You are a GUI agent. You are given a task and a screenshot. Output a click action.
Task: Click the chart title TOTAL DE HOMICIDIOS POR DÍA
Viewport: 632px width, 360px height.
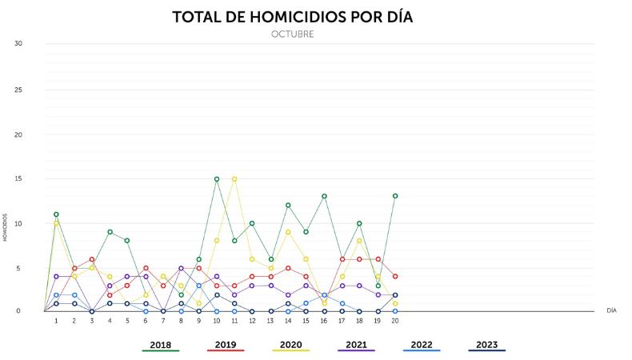pyautogui.click(x=292, y=17)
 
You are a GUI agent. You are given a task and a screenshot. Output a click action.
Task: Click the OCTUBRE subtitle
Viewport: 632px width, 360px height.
pyautogui.click(x=292, y=34)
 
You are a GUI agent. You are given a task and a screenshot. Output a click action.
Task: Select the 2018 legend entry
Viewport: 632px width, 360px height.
pyautogui.click(x=160, y=345)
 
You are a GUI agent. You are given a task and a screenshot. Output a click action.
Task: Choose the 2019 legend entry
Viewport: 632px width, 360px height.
pyautogui.click(x=225, y=345)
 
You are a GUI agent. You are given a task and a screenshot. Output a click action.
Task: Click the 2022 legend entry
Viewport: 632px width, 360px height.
pyautogui.click(x=421, y=345)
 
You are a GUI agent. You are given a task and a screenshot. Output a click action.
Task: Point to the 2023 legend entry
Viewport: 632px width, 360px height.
pyautogui.click(x=486, y=345)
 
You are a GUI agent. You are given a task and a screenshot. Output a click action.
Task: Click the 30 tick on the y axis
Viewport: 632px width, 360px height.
pyautogui.click(x=18, y=43)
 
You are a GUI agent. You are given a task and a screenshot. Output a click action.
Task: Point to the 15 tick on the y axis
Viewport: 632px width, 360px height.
pyautogui.click(x=18, y=178)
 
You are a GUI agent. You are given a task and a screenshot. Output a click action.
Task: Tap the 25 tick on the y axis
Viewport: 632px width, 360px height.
pyautogui.click(x=18, y=89)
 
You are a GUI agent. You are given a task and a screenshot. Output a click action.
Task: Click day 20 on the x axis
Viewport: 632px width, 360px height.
pyautogui.click(x=394, y=321)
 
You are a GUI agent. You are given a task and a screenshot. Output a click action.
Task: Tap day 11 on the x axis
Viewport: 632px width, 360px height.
pyautogui.click(x=234, y=321)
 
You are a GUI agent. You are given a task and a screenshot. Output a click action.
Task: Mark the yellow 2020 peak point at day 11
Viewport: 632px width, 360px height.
pyautogui.click(x=234, y=178)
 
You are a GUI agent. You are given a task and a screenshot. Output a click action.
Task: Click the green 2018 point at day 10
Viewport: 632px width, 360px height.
pyautogui.click(x=216, y=178)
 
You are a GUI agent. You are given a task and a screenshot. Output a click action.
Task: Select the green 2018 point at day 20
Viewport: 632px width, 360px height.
pyautogui.click(x=395, y=196)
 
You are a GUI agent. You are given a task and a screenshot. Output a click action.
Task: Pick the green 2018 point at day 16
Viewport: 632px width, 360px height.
pyautogui.click(x=324, y=196)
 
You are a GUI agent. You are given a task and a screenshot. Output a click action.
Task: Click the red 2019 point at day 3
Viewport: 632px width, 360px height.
pyautogui.click(x=92, y=259)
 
